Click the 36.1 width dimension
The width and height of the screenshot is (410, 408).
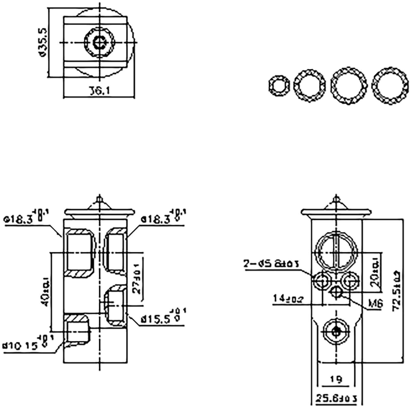99,91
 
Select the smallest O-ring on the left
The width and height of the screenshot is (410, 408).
279,86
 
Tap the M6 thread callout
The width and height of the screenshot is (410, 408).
376,304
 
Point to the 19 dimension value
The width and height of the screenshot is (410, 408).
336,379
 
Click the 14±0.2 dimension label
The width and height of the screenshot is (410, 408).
288,298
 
